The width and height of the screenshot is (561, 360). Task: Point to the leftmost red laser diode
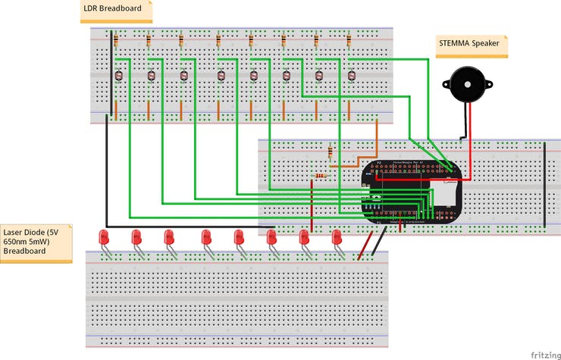point(104,237)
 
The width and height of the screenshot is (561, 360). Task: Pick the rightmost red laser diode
point(337,237)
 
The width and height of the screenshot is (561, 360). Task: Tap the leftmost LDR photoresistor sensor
point(118,75)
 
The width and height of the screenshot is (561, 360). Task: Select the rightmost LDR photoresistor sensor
point(351,75)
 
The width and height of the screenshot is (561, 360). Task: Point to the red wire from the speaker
point(469,144)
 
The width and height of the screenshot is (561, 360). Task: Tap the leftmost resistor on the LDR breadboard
point(115,40)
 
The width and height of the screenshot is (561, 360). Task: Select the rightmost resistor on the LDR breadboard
point(349,40)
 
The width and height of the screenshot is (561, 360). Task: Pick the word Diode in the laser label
point(34,232)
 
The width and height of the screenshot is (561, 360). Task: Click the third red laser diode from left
point(169,237)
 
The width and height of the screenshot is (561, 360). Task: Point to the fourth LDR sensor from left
point(221,75)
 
